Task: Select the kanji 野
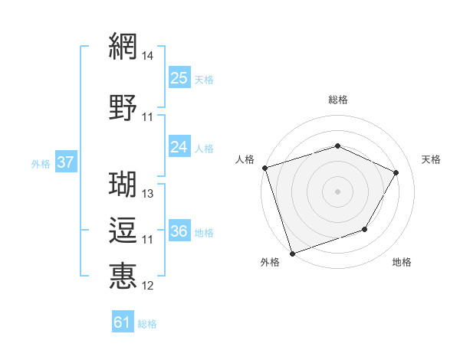[123, 106]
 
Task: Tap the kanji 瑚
[123, 184]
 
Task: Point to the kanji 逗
[123, 229]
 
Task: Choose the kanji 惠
[123, 275]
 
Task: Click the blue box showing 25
[179, 77]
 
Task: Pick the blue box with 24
[179, 146]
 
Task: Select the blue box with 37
[66, 162]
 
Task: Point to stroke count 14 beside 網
[148, 56]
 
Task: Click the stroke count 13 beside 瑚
[148, 194]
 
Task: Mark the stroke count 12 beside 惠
[148, 286]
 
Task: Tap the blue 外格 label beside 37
[41, 163]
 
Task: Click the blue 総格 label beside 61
[147, 324]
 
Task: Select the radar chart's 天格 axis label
[431, 159]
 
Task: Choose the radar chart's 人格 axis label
[245, 159]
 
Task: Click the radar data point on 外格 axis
[291, 253]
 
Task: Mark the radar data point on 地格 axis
[365, 229]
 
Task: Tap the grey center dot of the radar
[337, 191]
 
